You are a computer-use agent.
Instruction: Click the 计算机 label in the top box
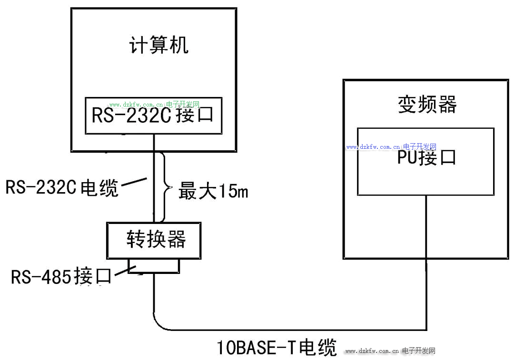159,45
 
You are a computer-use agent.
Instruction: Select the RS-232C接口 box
154,116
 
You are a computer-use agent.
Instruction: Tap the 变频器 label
427,104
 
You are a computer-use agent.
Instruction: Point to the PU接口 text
426,157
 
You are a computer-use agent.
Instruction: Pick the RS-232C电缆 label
62,187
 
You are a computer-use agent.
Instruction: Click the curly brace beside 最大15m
167,187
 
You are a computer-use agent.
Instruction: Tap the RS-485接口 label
61,276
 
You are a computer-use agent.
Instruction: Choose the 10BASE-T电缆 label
277,347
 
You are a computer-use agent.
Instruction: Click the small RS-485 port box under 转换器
154,266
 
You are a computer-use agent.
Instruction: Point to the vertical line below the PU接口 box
426,262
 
